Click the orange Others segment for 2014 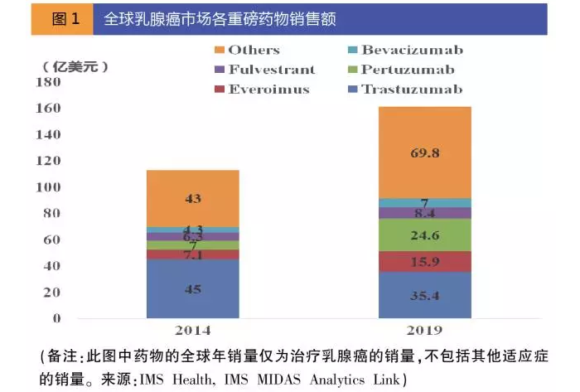click(192, 199)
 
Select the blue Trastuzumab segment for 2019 click(424, 294)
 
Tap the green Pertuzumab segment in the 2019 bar click(424, 235)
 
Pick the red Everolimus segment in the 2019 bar click(424, 262)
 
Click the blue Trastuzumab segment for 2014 click(192, 289)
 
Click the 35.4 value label click(424, 294)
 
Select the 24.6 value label click(424, 235)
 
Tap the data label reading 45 click(192, 289)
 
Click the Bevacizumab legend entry click(403, 51)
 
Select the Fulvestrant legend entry click(260, 70)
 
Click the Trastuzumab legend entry click(403, 89)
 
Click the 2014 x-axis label click(192, 332)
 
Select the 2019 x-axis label click(424, 332)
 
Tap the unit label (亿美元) click(75, 65)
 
